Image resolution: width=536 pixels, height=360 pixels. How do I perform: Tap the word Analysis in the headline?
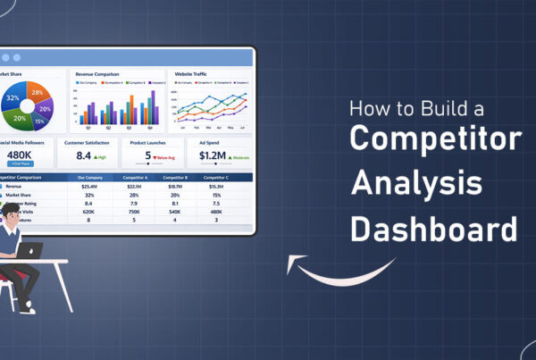[416, 184]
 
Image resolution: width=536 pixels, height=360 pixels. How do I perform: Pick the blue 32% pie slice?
[14, 97]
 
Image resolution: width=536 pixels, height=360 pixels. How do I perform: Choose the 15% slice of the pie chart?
[38, 120]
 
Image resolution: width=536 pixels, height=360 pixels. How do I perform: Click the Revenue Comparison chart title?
[99, 75]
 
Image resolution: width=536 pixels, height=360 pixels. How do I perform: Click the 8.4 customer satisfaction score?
[84, 155]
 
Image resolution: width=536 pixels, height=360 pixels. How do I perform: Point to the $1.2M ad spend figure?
[213, 155]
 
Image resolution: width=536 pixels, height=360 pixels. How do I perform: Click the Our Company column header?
[89, 177]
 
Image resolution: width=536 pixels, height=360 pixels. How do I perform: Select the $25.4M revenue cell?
[89, 186]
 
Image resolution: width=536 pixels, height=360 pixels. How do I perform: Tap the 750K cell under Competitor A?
[133, 211]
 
